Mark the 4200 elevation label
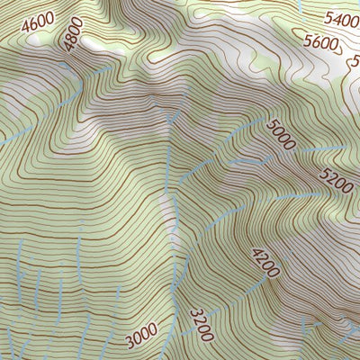266,261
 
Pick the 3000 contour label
141,338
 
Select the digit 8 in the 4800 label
69,38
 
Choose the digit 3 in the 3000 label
130,342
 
